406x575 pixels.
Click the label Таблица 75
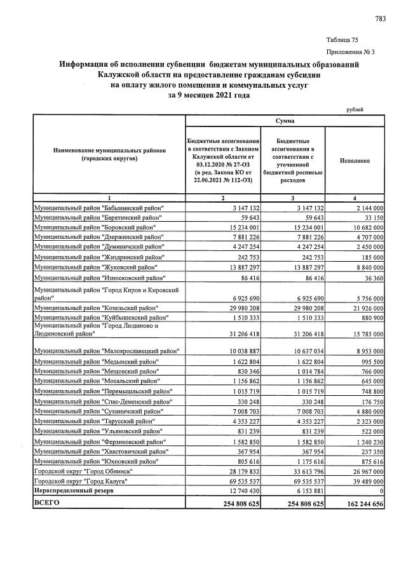tap(342, 39)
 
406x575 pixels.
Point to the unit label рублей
tap(355, 109)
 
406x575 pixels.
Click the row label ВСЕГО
tap(46, 503)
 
